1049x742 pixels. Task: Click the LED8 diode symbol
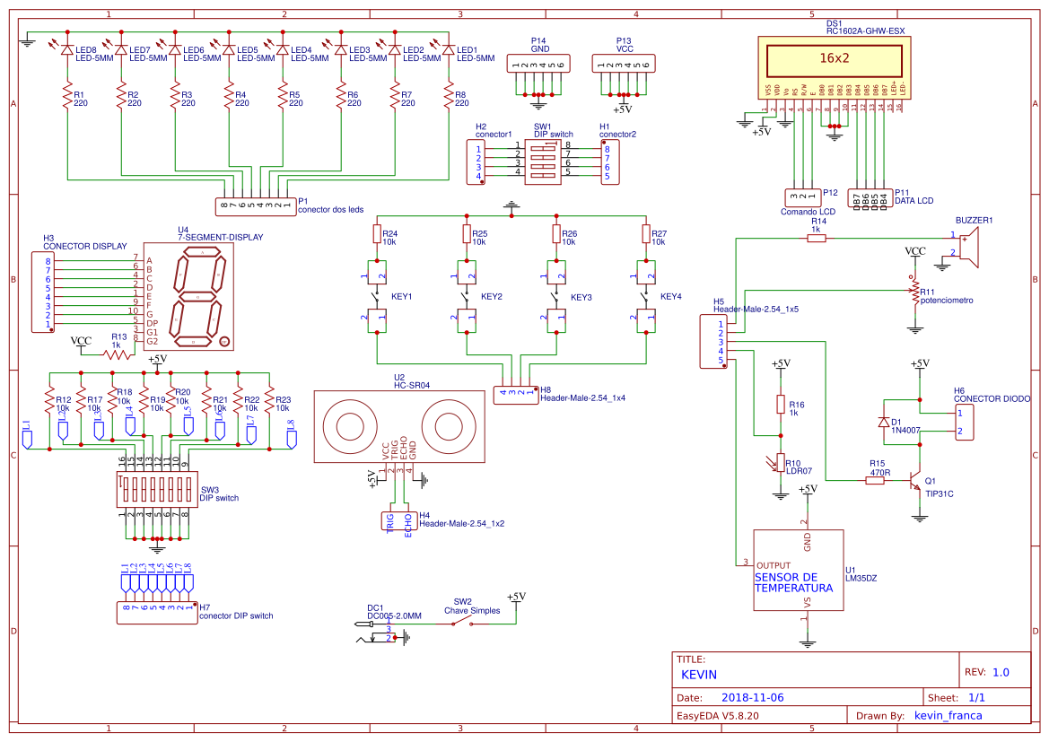pyautogui.click(x=66, y=50)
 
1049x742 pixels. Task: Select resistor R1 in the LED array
pyautogui.click(x=66, y=97)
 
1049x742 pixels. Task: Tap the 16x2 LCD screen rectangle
pyautogui.click(x=834, y=58)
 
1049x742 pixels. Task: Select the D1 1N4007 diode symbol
pyautogui.click(x=885, y=422)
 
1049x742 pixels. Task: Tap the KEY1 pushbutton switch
pyautogui.click(x=376, y=295)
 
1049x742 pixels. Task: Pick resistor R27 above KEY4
pyautogui.click(x=646, y=235)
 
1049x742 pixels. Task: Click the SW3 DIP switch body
pyautogui.click(x=157, y=489)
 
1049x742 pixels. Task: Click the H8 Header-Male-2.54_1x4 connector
pyautogui.click(x=515, y=391)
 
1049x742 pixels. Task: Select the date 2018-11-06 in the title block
pyautogui.click(x=752, y=697)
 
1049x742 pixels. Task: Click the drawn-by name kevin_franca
pyautogui.click(x=948, y=716)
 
